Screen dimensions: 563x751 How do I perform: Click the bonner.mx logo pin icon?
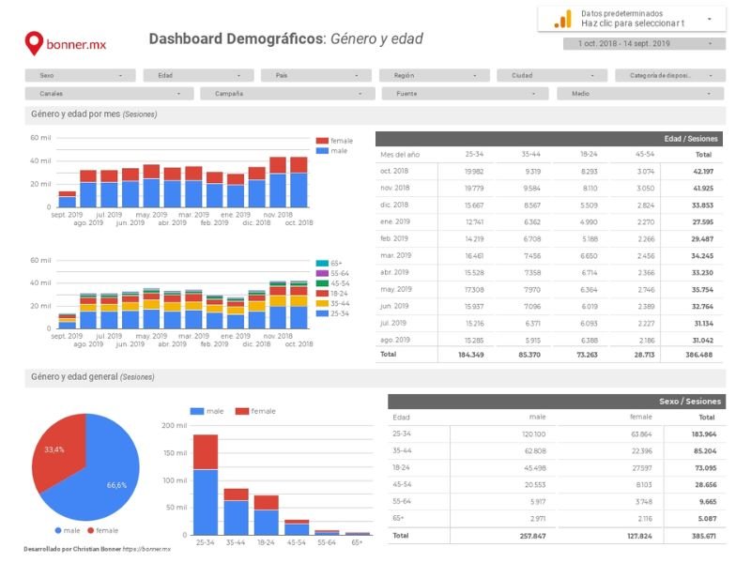click(x=34, y=42)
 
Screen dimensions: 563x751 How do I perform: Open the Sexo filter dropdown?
click(x=80, y=75)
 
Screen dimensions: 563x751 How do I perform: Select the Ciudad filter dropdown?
click(x=551, y=75)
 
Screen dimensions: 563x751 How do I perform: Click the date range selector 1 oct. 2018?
click(x=644, y=43)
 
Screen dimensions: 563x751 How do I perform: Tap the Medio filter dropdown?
click(x=640, y=94)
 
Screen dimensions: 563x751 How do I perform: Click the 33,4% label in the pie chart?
click(x=54, y=449)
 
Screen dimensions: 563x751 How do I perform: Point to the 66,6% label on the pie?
click(x=116, y=485)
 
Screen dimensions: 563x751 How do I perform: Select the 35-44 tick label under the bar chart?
click(x=236, y=542)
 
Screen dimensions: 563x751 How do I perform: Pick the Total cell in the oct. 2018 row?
click(x=702, y=172)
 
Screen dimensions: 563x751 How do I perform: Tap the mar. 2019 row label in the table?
click(x=394, y=255)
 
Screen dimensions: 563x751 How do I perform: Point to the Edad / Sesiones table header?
click(x=690, y=138)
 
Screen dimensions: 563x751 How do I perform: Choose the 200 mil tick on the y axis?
click(x=174, y=425)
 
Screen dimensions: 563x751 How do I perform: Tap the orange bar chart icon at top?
click(x=562, y=19)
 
